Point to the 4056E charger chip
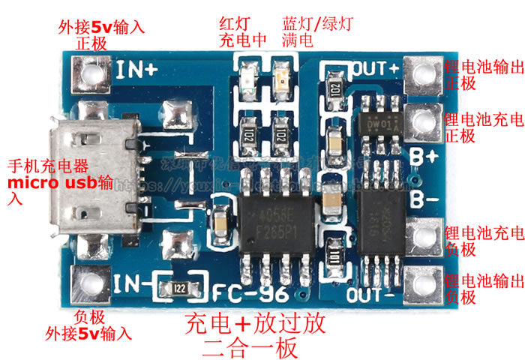pos(271,217)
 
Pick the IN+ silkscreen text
pos(137,70)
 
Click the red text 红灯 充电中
pos(242,31)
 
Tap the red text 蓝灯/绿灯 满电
pos(308,31)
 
